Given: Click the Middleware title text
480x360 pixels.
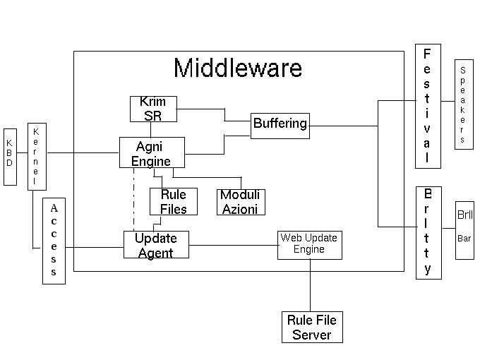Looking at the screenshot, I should [238, 68].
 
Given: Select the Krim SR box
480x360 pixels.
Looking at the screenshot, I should [152, 109].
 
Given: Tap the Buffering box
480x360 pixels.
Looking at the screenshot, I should [280, 125].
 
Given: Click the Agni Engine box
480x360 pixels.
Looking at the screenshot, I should [152, 152].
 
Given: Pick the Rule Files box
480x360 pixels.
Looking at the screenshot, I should [174, 201].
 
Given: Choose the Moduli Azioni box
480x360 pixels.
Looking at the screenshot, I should [241, 201].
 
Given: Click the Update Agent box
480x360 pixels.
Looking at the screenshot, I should [156, 244].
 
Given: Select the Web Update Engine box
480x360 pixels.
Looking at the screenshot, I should [309, 244].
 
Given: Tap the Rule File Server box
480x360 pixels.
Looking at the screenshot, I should [311, 328].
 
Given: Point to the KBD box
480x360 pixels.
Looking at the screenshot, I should [10, 157].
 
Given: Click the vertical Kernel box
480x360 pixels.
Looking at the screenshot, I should [36, 157].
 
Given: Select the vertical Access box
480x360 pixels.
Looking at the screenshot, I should [54, 241].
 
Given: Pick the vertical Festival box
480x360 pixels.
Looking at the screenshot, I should [427, 106].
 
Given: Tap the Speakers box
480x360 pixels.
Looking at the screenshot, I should [463, 104].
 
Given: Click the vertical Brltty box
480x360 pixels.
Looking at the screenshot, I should [428, 233].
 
